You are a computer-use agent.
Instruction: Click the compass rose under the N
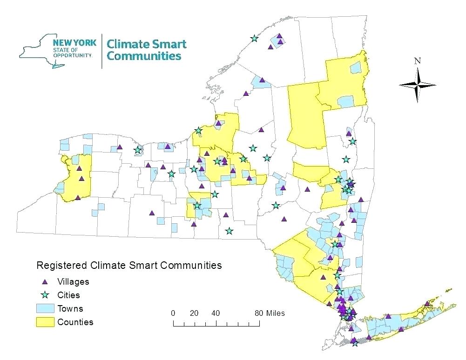pos(418,85)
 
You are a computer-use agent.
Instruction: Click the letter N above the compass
pos(418,61)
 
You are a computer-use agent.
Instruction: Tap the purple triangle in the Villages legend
pos(45,282)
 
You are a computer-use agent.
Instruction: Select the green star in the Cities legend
pos(45,295)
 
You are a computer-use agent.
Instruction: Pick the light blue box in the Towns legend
pos(45,308)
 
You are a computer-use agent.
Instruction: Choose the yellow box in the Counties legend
pos(45,322)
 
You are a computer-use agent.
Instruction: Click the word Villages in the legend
pos(73,281)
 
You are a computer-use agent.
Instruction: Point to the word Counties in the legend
pos(75,322)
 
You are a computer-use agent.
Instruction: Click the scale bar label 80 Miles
pos(270,313)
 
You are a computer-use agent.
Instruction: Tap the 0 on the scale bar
pos(173,313)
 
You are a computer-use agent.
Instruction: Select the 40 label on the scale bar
pos(216,313)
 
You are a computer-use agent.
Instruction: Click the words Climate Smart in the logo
pos(147,45)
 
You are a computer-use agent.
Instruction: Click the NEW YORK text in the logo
pos(78,43)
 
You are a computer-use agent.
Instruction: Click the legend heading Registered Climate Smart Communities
pos(128,266)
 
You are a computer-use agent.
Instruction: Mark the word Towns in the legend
pos(70,308)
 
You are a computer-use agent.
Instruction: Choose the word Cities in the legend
pos(68,295)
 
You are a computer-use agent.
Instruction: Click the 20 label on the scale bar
pos(194,313)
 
